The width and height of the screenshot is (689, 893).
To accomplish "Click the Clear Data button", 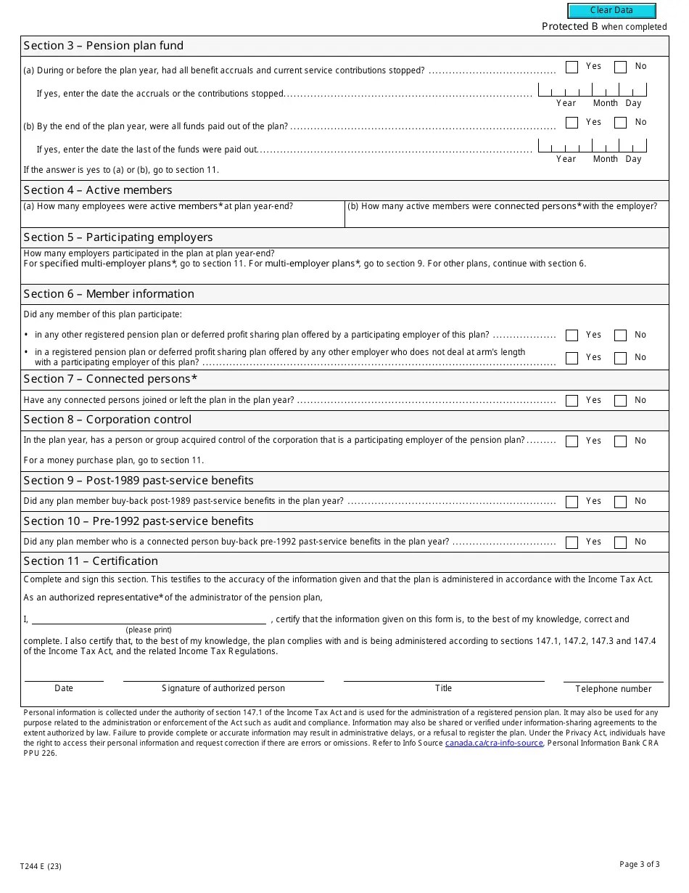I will (611, 11).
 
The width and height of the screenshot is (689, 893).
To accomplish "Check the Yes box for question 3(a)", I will (572, 67).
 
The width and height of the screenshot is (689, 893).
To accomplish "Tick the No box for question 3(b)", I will (620, 123).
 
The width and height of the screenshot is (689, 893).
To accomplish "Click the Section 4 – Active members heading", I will (98, 190).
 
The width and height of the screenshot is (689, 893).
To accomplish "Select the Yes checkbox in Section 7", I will (572, 401).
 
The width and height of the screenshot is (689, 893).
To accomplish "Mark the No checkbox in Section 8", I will (620, 441).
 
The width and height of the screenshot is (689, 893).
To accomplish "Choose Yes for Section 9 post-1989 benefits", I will (572, 502).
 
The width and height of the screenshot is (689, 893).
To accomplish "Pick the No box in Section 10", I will (620, 542).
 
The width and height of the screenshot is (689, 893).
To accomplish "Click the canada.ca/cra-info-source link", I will (494, 743).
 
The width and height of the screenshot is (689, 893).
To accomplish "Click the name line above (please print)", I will (149, 620).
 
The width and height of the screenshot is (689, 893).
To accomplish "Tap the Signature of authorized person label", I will (223, 688).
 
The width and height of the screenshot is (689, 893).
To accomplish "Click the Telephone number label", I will (614, 689).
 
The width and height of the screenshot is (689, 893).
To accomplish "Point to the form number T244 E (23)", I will (42, 866).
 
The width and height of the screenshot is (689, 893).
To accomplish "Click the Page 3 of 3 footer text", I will (640, 864).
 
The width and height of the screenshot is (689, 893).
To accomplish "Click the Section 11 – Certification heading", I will (91, 561).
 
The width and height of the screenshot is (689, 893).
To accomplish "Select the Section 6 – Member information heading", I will (109, 294).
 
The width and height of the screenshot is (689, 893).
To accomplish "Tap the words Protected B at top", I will (570, 27).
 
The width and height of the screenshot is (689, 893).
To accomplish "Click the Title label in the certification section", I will (443, 688).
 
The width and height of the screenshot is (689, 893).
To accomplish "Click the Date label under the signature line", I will (64, 688).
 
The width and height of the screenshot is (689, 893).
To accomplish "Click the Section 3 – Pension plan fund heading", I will (104, 46).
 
